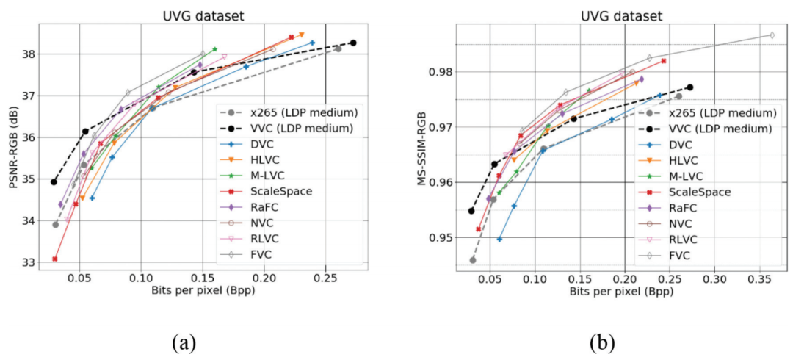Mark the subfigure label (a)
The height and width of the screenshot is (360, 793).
click(183, 342)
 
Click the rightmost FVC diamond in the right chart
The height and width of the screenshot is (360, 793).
click(772, 35)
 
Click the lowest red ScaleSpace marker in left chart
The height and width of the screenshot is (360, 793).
click(55, 259)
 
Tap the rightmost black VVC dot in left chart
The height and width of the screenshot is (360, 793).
click(353, 43)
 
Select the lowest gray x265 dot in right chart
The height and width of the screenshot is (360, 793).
click(473, 260)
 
